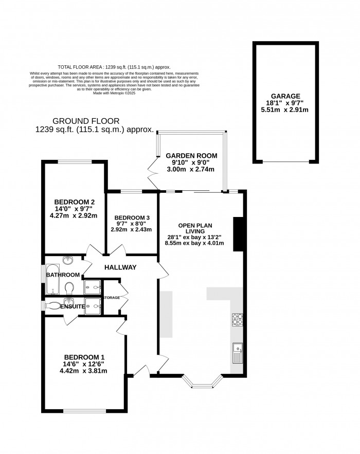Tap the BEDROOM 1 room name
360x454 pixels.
coord(85,356)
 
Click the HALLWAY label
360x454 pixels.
coord(120,267)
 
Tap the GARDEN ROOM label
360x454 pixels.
coord(191,155)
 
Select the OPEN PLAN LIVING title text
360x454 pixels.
coord(195,229)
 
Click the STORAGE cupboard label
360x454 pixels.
coord(112,298)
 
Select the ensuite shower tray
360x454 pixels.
coord(93,305)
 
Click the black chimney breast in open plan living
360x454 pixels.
coord(238,234)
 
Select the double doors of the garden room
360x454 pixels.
coord(152,172)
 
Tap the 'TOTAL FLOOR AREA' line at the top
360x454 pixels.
coord(114,67)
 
